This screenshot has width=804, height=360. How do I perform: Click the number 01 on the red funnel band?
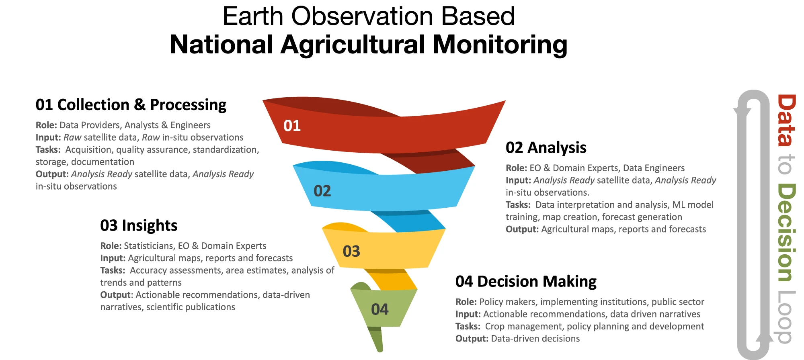click(292, 126)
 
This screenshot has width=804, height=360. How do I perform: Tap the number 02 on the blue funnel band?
click(322, 191)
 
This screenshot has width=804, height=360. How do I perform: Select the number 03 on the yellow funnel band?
click(351, 251)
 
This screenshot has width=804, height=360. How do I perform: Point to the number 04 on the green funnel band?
click(380, 309)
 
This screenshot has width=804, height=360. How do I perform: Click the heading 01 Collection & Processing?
click(131, 105)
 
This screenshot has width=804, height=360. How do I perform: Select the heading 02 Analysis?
click(546, 148)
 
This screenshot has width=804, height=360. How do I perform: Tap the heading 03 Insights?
click(139, 225)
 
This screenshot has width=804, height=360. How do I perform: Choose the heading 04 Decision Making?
click(526, 282)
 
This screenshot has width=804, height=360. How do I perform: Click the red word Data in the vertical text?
click(786, 120)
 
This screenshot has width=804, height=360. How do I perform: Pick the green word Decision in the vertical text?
click(786, 233)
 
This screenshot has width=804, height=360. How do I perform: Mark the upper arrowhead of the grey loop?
click(742, 113)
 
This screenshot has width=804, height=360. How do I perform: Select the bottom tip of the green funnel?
click(380, 351)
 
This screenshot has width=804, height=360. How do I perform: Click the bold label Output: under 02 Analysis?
click(522, 229)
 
